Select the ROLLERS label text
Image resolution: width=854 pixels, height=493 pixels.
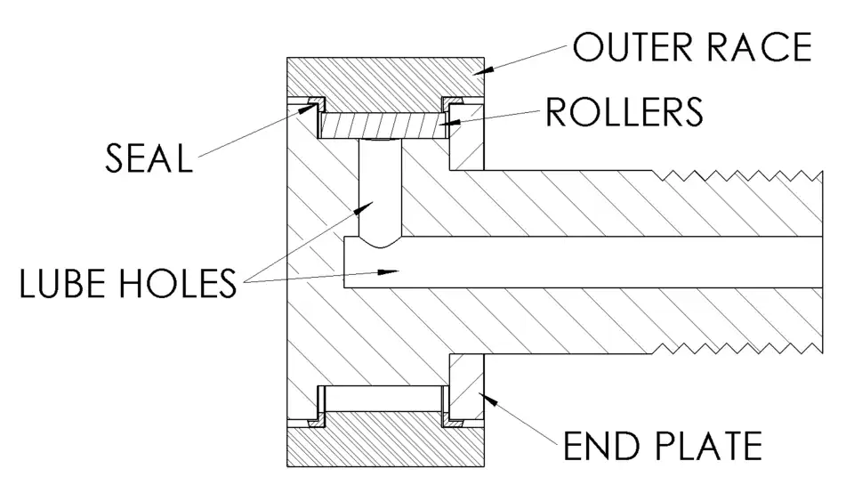tap(624, 112)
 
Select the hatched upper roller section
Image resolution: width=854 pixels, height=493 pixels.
tap(383, 125)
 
